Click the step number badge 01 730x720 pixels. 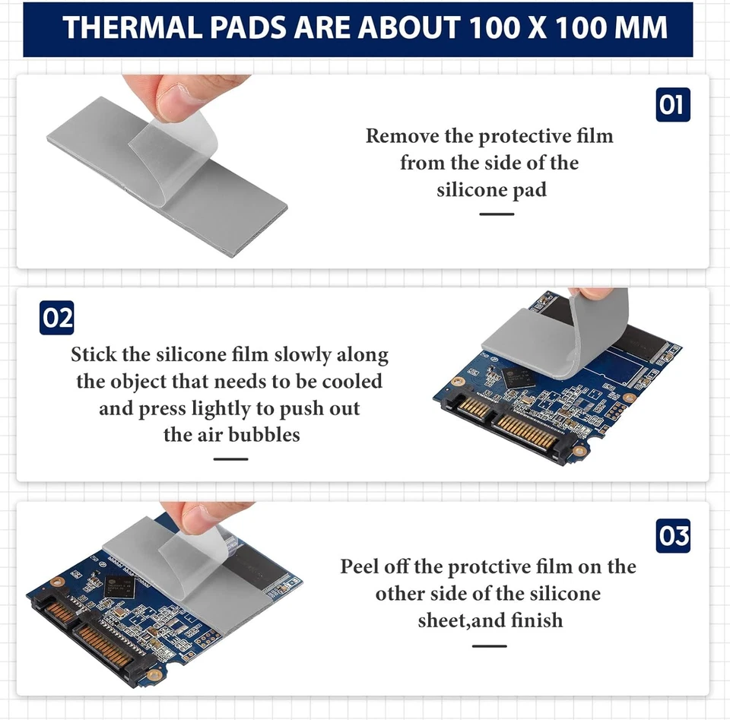(x=673, y=105)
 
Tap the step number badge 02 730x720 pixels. (x=58, y=318)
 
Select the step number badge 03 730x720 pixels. (x=673, y=537)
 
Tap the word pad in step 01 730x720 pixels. (x=529, y=190)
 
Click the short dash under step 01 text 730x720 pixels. (x=497, y=214)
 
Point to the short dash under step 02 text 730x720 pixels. (x=230, y=459)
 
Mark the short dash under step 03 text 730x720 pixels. (x=489, y=645)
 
